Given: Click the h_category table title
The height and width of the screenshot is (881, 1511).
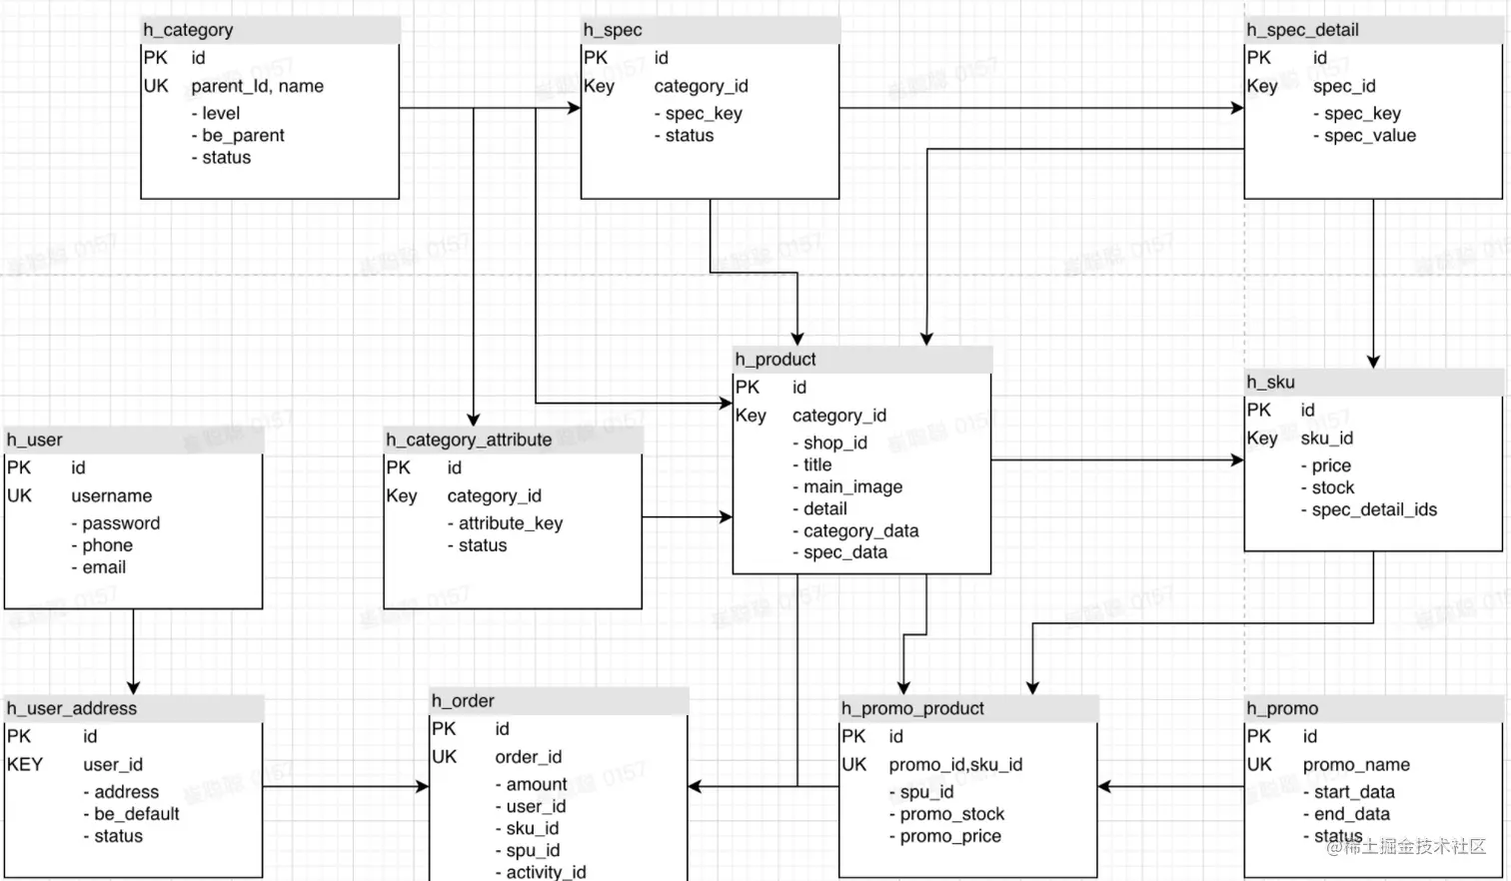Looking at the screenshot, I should pyautogui.click(x=188, y=30).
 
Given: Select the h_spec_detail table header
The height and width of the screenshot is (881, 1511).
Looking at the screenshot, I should pyautogui.click(x=1302, y=30).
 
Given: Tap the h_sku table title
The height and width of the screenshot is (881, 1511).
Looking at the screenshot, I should pyautogui.click(x=1270, y=382).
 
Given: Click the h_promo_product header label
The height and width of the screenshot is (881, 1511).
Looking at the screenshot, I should pyautogui.click(x=912, y=708).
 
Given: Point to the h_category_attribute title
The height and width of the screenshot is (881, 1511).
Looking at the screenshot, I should pyautogui.click(x=469, y=440).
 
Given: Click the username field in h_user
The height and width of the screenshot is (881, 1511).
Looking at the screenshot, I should pyautogui.click(x=112, y=495).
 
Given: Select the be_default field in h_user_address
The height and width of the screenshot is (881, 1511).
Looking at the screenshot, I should pyautogui.click(x=137, y=814).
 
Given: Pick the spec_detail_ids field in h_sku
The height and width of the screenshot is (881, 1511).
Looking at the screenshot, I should pyautogui.click(x=1374, y=509).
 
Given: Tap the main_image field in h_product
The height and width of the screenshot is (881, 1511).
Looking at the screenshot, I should pyautogui.click(x=852, y=486).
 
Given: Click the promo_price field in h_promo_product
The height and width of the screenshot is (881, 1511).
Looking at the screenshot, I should pyautogui.click(x=950, y=836).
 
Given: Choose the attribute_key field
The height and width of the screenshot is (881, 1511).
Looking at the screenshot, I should pyautogui.click(x=510, y=523).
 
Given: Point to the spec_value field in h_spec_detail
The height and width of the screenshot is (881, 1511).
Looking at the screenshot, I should pyautogui.click(x=1369, y=136).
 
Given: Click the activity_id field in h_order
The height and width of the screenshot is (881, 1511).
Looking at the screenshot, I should pyautogui.click(x=546, y=872).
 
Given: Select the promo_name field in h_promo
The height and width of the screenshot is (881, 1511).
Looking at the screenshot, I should pyautogui.click(x=1356, y=764).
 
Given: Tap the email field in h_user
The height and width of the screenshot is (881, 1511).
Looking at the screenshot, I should pyautogui.click(x=104, y=567).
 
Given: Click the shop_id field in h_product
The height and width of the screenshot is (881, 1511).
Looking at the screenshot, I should pyautogui.click(x=834, y=442).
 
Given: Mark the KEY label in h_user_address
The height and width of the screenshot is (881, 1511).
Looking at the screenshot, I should pyautogui.click(x=25, y=764).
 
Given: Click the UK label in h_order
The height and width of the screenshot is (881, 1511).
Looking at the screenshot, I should pyautogui.click(x=444, y=757).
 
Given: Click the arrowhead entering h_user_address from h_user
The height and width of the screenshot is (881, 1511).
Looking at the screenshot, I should pyautogui.click(x=133, y=688).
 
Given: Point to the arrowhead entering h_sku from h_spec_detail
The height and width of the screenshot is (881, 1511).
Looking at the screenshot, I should pyautogui.click(x=1373, y=362).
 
